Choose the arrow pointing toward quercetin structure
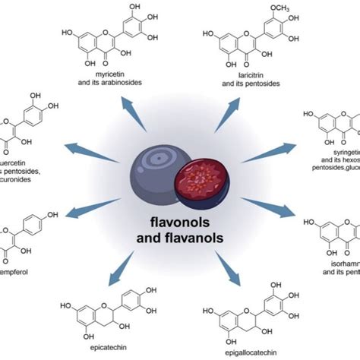pyautogui.click(x=82, y=148)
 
